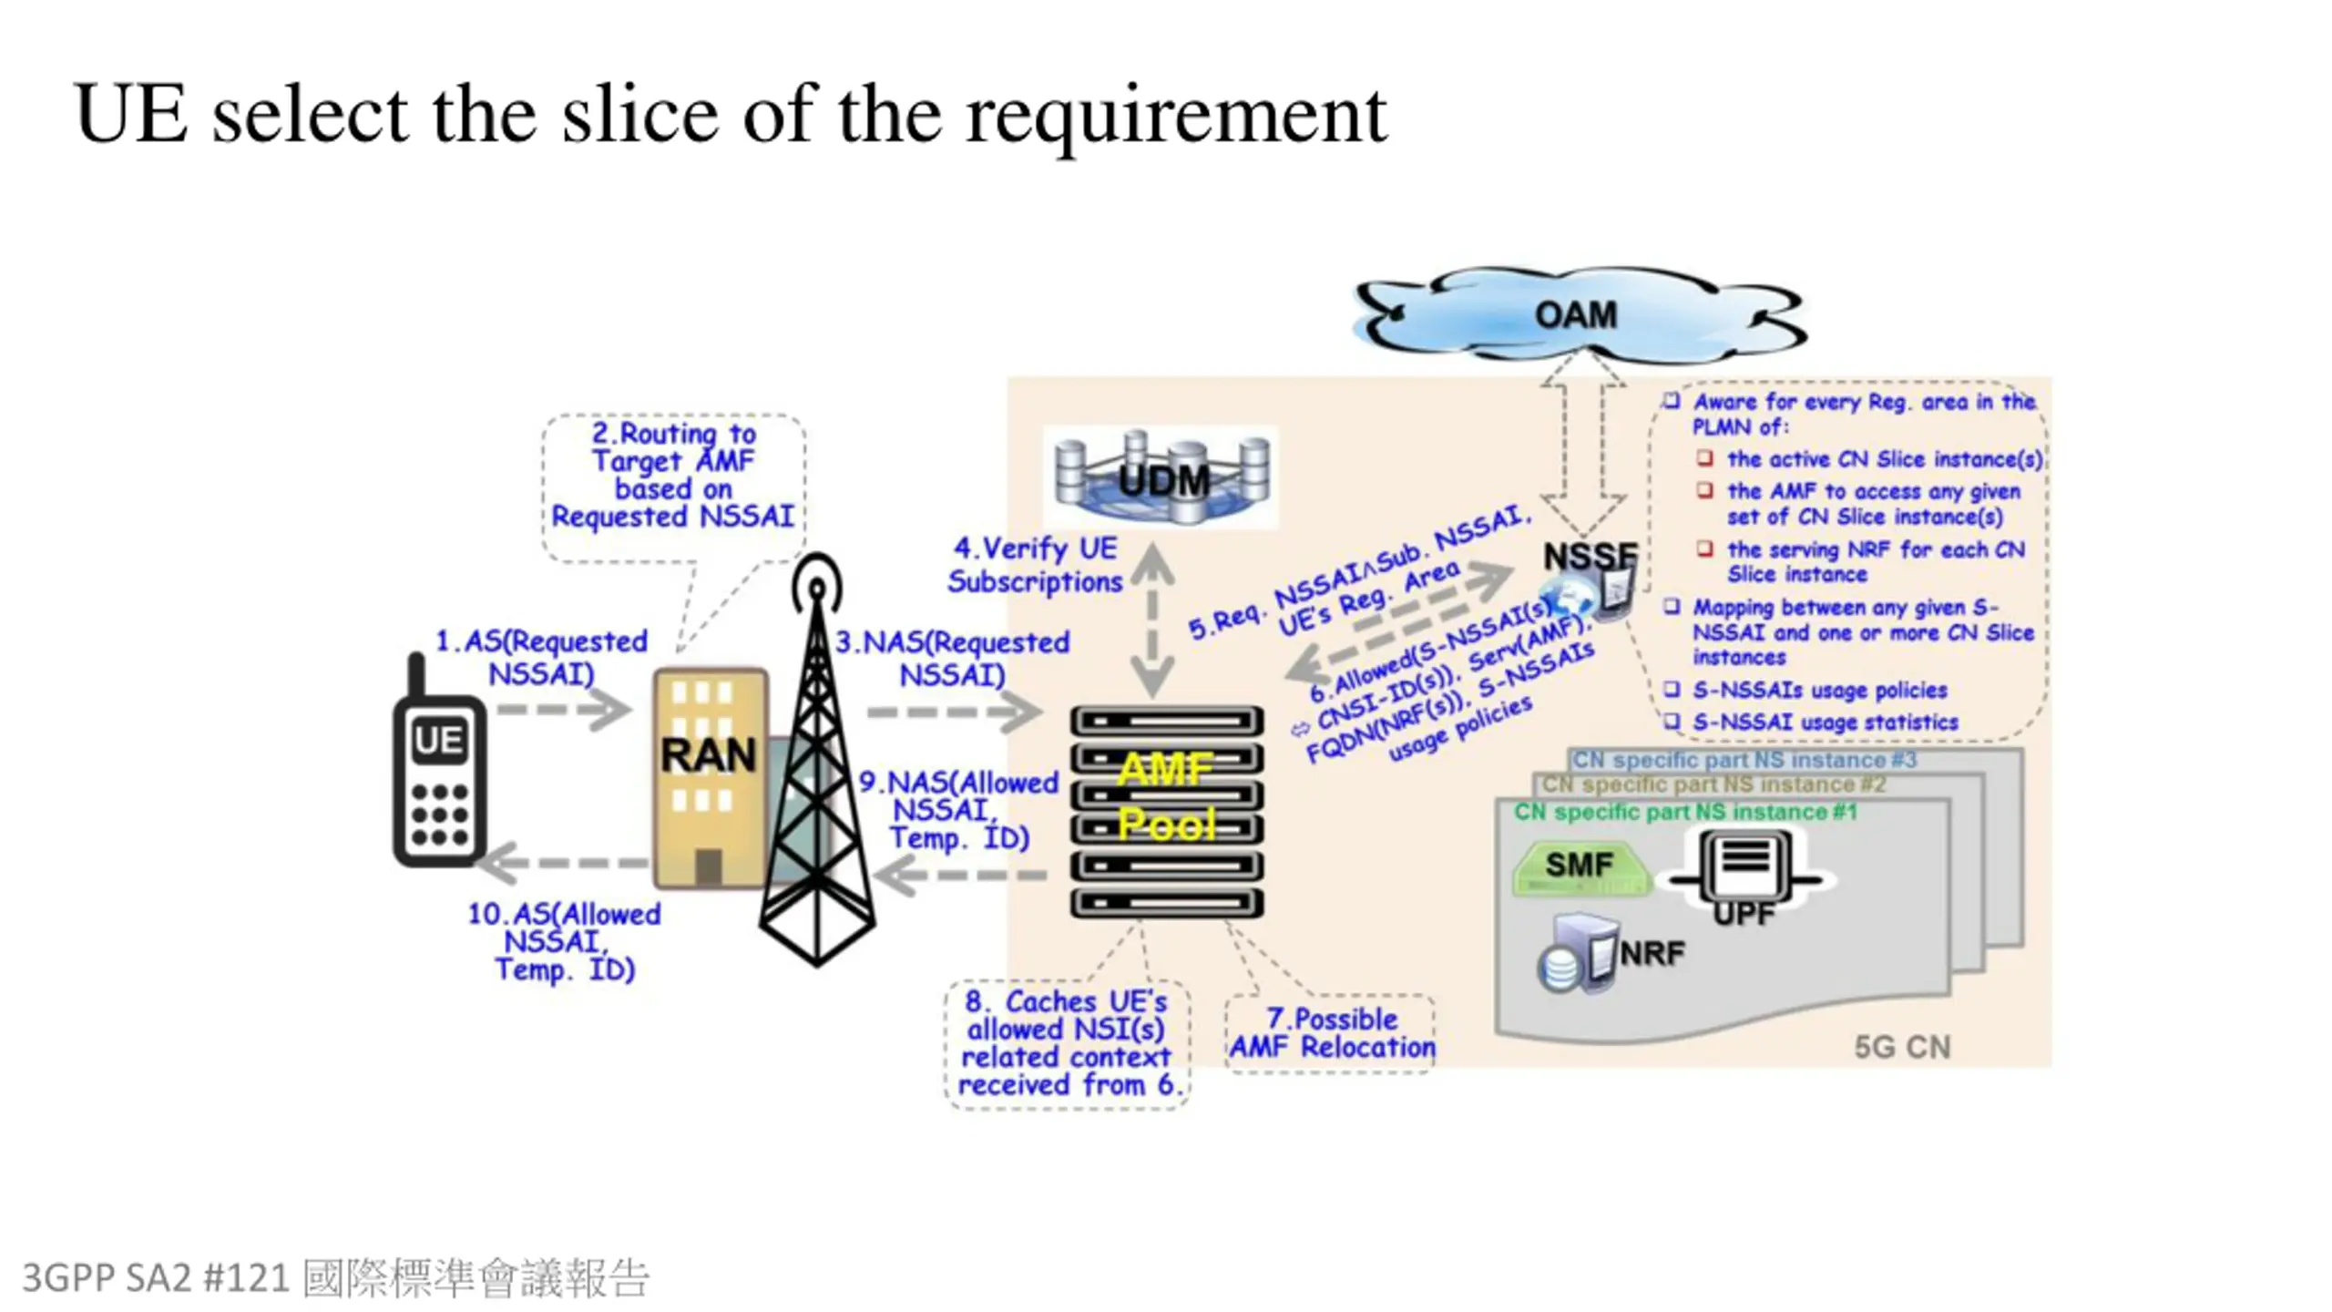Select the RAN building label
(709, 754)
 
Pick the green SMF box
(1580, 866)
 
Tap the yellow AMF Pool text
(1166, 797)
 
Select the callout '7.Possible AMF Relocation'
(1331, 1033)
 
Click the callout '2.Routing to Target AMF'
(673, 475)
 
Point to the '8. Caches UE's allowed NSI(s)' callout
(1067, 1043)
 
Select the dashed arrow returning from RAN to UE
(565, 862)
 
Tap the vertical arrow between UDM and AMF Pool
(1152, 620)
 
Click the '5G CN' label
(1902, 1047)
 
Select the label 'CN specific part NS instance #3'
(1744, 760)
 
